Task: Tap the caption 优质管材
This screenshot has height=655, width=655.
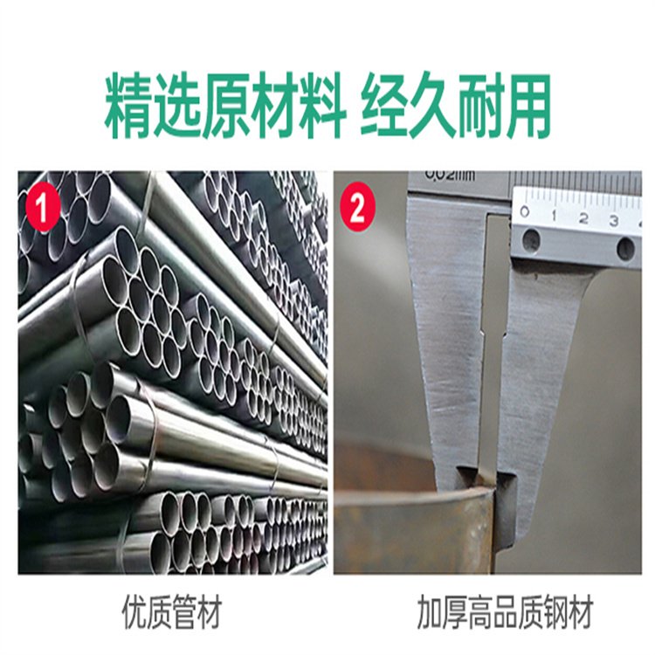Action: click(x=170, y=613)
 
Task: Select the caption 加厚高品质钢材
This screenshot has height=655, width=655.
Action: click(x=505, y=612)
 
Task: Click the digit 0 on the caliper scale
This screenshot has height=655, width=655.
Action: click(x=524, y=211)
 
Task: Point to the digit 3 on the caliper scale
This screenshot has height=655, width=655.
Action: click(x=613, y=220)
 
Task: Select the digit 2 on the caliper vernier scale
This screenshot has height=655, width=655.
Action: click(x=583, y=217)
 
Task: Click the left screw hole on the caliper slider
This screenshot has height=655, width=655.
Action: click(x=531, y=239)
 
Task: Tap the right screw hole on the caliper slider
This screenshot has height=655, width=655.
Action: click(x=625, y=247)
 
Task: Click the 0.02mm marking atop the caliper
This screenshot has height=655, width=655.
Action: click(x=450, y=175)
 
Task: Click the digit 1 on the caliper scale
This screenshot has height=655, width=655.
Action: click(x=554, y=214)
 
